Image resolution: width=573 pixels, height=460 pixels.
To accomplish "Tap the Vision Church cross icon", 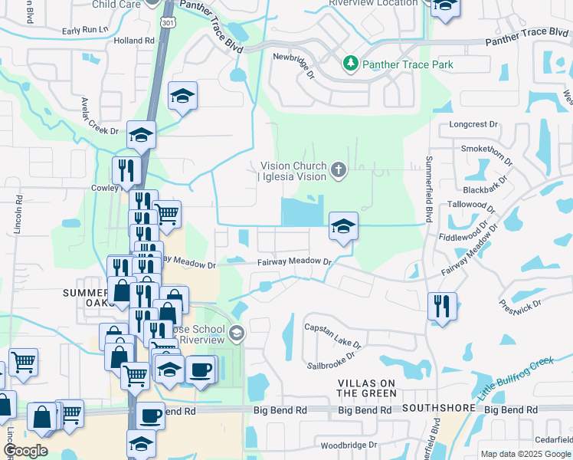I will [339, 168].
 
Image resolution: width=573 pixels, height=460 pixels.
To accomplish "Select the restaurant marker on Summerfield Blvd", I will [441, 304].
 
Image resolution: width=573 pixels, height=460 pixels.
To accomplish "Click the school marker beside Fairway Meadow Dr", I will [343, 225].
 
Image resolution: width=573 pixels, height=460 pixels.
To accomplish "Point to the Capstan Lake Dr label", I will [331, 327].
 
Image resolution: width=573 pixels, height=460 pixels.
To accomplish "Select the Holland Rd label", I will [133, 41].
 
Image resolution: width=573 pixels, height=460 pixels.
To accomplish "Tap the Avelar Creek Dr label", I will [100, 116].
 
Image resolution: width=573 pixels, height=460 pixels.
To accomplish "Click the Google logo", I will [25, 451].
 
